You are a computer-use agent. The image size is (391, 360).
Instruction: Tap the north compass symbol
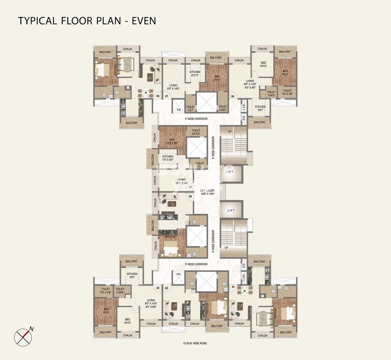[x=24, y=336]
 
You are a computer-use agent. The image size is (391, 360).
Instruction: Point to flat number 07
[x=167, y=96]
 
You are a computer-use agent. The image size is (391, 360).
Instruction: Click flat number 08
[x=233, y=96]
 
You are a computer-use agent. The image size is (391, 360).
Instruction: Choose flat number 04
[x=191, y=196]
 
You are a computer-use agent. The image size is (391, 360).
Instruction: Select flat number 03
[x=157, y=287]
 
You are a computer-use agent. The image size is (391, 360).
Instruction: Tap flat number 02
[x=166, y=287]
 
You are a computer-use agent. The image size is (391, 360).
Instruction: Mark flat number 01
[x=233, y=287]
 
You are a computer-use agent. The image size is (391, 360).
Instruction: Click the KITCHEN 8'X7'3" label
[x=195, y=74]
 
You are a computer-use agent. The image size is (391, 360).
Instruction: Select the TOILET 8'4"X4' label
[x=196, y=133]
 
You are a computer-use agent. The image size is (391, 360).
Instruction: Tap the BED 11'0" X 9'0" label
[x=171, y=141]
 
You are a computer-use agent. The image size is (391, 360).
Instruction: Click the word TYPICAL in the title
[x=39, y=21]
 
